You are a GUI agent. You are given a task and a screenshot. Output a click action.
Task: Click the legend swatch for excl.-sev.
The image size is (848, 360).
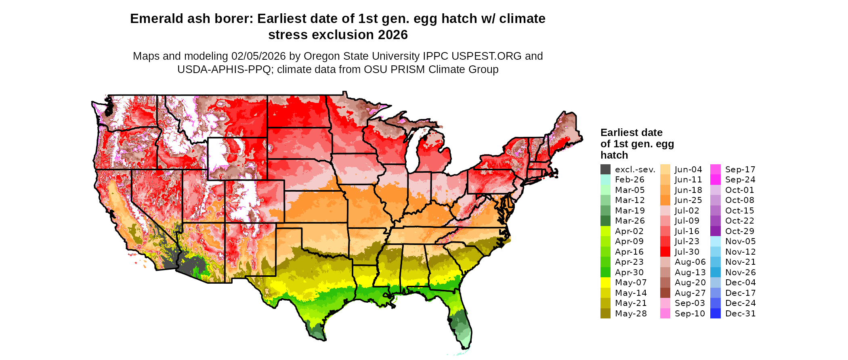[x=605, y=170]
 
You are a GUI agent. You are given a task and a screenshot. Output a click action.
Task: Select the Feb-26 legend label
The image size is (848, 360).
[x=630, y=180]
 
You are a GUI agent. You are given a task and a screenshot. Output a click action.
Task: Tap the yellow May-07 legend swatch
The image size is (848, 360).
[x=605, y=283]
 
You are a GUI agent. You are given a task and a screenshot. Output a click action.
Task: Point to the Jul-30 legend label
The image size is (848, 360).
[x=687, y=252]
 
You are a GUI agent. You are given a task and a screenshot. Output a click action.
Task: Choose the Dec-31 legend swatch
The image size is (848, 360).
[x=715, y=314]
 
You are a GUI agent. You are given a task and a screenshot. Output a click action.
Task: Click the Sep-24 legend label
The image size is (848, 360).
[x=740, y=180]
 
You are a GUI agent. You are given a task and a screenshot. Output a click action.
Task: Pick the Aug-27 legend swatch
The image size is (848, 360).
[x=665, y=293]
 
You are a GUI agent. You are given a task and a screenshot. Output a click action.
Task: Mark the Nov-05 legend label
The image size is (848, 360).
[x=740, y=241]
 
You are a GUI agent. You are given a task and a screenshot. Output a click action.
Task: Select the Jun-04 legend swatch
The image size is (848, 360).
[x=665, y=170]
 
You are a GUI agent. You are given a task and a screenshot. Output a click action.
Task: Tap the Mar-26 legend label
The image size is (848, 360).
[x=630, y=221]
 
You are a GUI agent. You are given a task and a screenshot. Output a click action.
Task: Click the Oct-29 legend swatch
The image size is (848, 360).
[x=715, y=231]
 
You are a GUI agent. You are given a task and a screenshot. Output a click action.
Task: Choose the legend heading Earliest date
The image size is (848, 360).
[x=631, y=133]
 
